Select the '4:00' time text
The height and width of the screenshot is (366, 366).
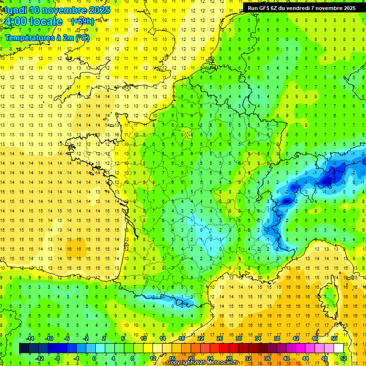coord(15,22)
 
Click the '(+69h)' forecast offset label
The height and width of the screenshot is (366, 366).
coord(82,21)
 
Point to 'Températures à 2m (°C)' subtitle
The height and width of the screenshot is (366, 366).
coord(47,38)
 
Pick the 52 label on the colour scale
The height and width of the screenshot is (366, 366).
coord(344,358)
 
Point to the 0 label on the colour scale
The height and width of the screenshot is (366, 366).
coord(94,358)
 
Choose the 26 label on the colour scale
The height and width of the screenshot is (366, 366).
coord(220,338)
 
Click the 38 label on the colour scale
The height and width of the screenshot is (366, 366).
coord(277,338)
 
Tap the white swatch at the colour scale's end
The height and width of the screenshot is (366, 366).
coord(339,348)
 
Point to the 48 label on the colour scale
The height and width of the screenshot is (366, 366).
coord(325,358)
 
